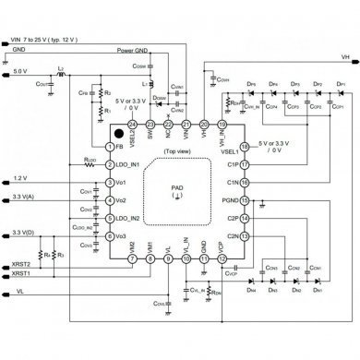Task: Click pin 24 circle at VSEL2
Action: [134, 125]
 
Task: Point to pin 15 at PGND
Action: [246, 200]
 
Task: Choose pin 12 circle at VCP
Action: [222, 259]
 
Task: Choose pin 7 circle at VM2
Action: [133, 259]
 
